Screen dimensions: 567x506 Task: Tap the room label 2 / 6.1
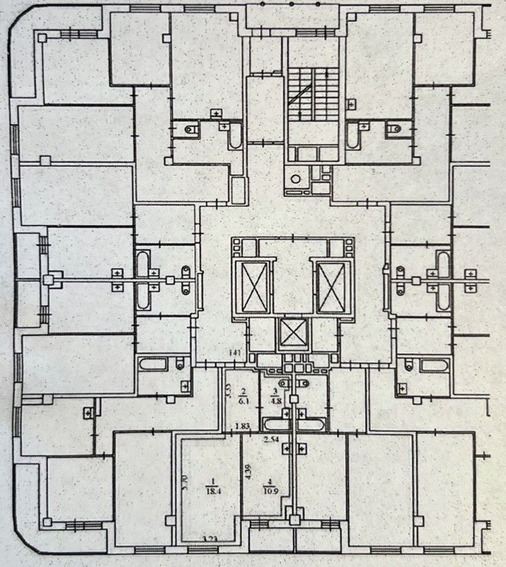(x=243, y=395)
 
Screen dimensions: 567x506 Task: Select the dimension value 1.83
(x=243, y=427)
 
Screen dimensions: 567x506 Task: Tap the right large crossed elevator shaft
(x=332, y=286)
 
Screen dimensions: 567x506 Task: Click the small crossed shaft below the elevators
(x=294, y=332)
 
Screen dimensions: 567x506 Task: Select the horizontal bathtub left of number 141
(x=153, y=366)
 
